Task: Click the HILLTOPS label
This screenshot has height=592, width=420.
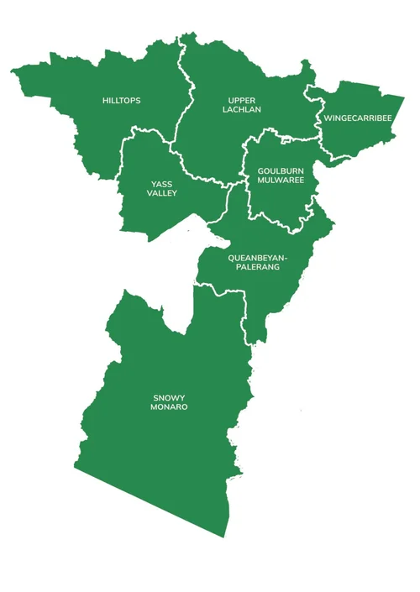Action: (121, 101)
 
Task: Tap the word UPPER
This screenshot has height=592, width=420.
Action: (241, 101)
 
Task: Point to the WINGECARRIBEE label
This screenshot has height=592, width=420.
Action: (357, 118)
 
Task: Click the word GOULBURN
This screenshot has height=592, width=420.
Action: (281, 170)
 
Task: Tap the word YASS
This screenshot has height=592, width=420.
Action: (162, 183)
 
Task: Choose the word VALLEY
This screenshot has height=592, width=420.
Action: (162, 194)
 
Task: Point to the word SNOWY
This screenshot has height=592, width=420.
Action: (169, 396)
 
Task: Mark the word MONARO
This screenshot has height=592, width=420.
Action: (169, 407)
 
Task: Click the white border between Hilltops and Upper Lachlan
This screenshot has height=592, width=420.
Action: (182, 92)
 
